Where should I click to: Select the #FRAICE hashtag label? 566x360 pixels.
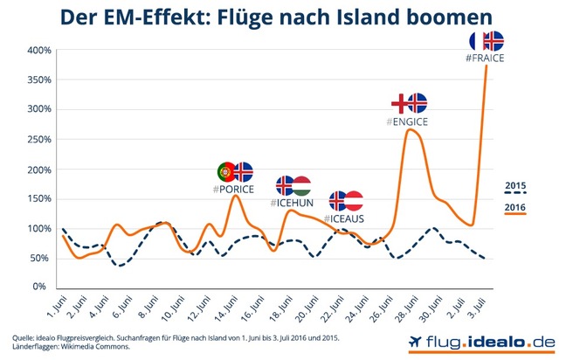(486, 59)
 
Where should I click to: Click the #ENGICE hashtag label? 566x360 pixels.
(407, 121)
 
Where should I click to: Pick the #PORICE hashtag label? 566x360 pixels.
(232, 189)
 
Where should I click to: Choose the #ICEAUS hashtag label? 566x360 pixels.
(344, 218)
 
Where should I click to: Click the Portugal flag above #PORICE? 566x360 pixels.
(225, 171)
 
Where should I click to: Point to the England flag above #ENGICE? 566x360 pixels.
(399, 102)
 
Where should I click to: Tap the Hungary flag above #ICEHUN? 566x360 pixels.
(302, 185)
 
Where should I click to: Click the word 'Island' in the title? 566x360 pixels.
(380, 17)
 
